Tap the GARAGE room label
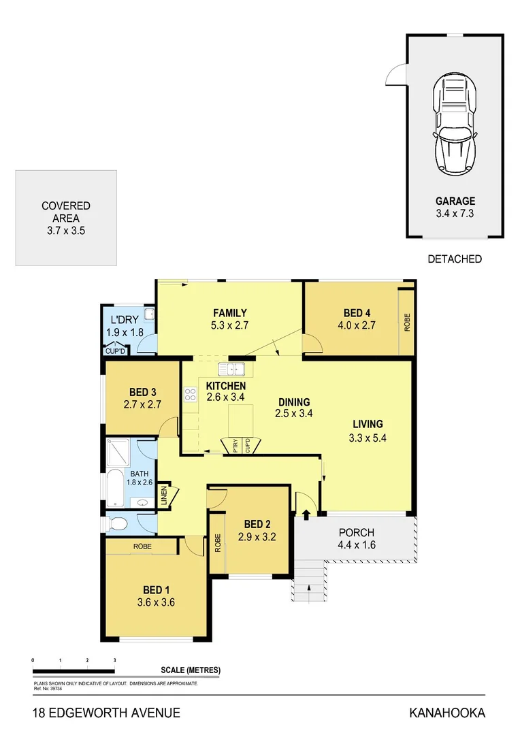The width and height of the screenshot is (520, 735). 455,201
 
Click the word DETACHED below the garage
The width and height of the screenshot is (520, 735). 455,259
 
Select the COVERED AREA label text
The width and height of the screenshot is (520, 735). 66,212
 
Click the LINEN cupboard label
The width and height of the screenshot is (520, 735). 164,495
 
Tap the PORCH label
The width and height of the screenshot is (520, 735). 356,532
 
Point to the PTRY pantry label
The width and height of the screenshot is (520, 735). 235,446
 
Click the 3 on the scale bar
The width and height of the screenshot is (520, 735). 114,660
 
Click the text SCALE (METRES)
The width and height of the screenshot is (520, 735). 191,670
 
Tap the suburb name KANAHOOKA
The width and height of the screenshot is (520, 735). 447,713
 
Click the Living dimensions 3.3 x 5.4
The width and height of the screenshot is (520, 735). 368,438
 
